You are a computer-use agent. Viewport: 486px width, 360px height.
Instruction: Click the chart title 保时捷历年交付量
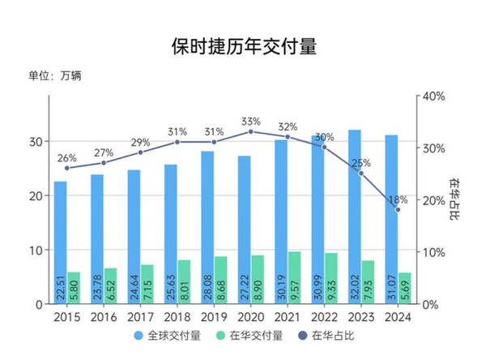[243, 46]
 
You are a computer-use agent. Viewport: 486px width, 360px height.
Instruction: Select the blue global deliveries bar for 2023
[355, 211]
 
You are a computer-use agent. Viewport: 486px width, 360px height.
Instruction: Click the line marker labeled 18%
[398, 210]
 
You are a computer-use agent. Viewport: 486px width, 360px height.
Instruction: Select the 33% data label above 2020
[250, 122]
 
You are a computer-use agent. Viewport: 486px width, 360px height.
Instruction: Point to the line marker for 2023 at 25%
[361, 174]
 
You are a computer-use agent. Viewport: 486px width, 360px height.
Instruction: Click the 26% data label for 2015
[66, 158]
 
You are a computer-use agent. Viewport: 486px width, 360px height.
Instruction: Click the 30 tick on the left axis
[36, 142]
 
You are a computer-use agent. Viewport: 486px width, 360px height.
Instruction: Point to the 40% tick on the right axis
[435, 96]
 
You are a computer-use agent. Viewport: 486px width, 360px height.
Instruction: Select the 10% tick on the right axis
[435, 252]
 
